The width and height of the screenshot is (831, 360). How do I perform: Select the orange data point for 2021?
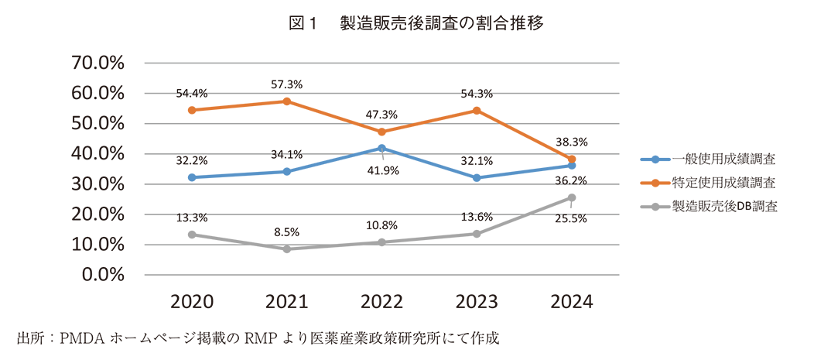[287, 101]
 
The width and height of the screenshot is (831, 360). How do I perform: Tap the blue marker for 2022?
[381, 148]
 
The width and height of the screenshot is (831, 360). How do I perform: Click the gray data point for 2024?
[572, 197]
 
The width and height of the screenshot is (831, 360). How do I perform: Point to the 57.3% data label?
[287, 84]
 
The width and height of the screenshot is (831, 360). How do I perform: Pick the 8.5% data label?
[287, 231]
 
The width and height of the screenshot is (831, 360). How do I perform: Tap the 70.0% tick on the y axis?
[97, 63]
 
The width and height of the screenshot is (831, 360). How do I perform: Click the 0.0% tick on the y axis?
[102, 275]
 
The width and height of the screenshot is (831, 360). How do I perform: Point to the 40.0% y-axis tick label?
[97, 154]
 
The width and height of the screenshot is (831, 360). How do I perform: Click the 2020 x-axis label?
[192, 302]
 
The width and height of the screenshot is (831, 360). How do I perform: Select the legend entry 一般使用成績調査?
[723, 160]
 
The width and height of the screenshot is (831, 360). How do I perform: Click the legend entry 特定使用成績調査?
[723, 183]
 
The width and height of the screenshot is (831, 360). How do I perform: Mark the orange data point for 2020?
[192, 110]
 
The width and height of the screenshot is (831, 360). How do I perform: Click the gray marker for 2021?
[287, 249]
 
